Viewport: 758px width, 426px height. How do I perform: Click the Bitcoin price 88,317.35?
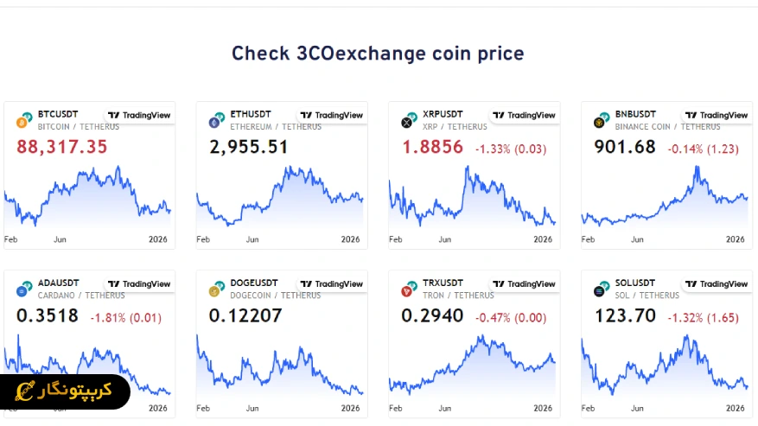62,147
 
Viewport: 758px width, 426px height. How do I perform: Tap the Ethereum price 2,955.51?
249,147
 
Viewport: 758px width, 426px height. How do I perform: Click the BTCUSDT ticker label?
58,114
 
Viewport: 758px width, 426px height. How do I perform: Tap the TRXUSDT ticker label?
443,283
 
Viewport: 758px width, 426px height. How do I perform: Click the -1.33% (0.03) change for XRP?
511,149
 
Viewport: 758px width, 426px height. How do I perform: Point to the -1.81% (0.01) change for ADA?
125,318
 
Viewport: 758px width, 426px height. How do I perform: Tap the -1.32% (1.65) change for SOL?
703,318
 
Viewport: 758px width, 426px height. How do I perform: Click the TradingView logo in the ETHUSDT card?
331,115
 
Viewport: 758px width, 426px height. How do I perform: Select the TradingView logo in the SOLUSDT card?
716,284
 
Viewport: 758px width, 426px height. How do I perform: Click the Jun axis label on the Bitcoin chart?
60,239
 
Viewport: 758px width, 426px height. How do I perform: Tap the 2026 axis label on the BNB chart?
735,239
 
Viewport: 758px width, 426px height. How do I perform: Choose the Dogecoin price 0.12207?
245,316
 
